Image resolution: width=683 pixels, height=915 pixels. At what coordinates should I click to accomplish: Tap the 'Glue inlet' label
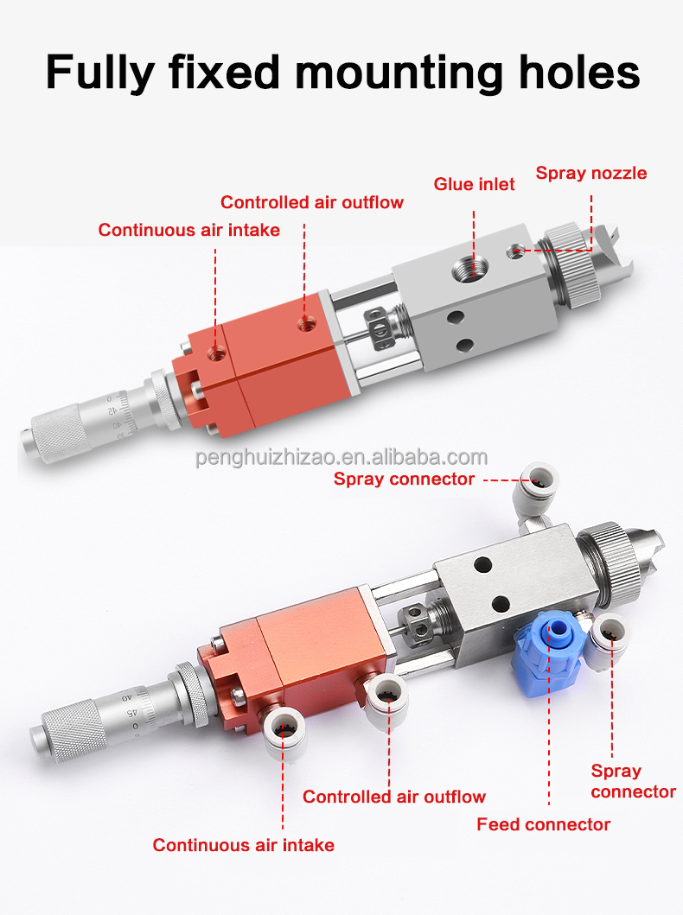tap(474, 184)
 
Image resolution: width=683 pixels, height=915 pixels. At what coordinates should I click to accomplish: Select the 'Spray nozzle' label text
tap(591, 174)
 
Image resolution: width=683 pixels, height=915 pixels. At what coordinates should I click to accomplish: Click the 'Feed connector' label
tap(544, 824)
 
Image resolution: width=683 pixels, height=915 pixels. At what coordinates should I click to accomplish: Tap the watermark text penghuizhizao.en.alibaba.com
tap(341, 457)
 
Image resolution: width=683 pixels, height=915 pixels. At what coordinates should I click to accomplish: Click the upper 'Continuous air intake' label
tap(188, 230)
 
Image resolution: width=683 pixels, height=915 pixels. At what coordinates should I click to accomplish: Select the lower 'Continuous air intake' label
tap(244, 845)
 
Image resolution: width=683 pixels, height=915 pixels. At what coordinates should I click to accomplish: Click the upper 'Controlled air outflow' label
tap(312, 202)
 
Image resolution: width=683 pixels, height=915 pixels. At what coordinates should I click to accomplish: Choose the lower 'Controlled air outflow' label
tap(394, 797)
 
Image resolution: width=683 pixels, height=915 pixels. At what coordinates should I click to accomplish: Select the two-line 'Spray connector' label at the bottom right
tap(634, 781)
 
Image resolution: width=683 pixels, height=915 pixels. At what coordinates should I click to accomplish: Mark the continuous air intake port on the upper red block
tap(217, 352)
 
